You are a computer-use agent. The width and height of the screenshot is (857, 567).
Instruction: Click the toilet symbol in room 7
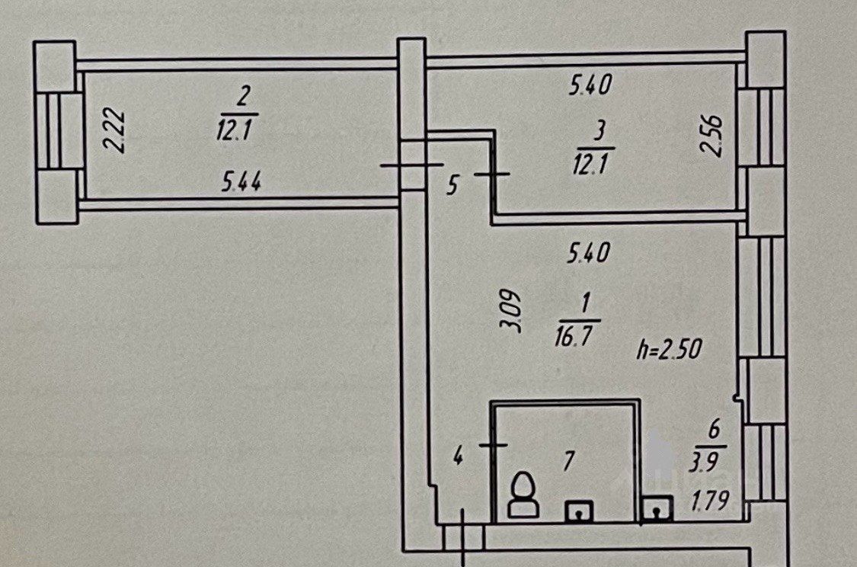[x=523, y=495]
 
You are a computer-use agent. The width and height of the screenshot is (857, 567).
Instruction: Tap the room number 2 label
[x=243, y=97]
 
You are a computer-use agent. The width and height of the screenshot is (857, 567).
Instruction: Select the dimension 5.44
[x=241, y=181]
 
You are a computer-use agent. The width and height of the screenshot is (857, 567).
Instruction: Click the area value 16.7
[x=574, y=335]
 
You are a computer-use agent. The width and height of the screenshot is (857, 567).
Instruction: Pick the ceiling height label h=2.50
[x=670, y=348]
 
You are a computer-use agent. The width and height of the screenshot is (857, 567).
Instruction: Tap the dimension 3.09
[x=512, y=312]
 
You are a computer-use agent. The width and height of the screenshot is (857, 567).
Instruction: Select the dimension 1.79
[x=711, y=500]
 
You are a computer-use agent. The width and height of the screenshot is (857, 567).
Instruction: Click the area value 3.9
[x=703, y=463]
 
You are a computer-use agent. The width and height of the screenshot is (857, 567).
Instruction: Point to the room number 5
[x=452, y=184]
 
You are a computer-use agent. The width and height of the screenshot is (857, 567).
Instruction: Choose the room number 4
[x=458, y=456]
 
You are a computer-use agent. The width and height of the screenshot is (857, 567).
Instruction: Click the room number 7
[x=569, y=462]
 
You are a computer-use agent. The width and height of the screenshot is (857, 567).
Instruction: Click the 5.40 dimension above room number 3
[x=590, y=85]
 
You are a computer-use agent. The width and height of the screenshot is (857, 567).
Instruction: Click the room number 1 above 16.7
[x=585, y=302]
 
